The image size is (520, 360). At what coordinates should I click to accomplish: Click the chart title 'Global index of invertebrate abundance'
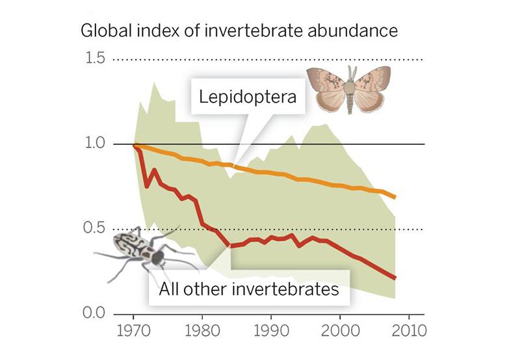tap(239, 31)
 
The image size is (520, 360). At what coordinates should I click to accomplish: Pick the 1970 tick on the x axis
tap(134, 330)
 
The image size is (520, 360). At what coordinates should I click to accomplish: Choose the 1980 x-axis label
tap(203, 330)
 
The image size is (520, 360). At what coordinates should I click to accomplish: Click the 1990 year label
tap(272, 330)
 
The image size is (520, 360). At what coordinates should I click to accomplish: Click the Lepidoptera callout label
tap(248, 97)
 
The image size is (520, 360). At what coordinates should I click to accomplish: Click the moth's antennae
tap(352, 71)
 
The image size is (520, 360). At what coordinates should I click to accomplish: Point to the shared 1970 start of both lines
tap(135, 145)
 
